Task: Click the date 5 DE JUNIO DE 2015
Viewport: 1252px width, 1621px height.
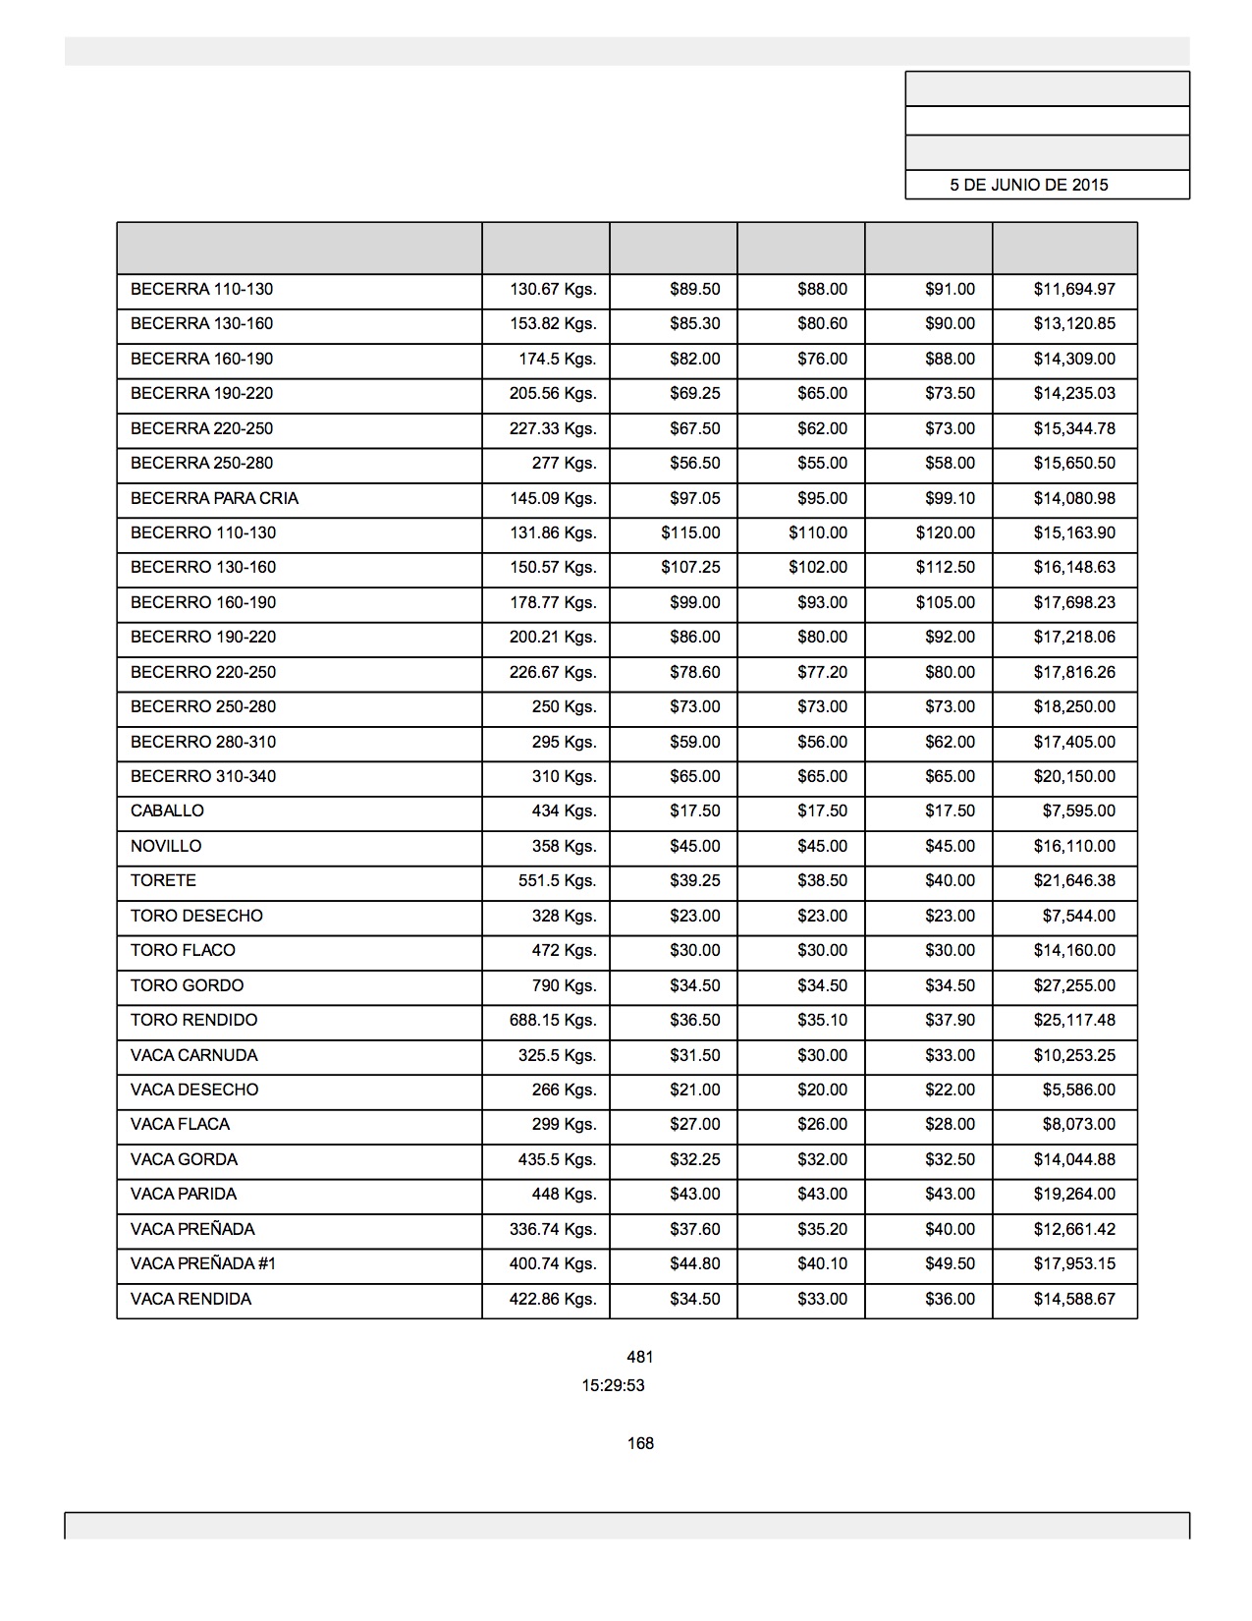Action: tap(1028, 185)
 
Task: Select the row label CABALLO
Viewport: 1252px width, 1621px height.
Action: tap(167, 810)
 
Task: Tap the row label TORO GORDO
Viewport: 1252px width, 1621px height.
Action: tap(187, 985)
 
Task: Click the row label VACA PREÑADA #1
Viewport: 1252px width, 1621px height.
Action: tap(203, 1263)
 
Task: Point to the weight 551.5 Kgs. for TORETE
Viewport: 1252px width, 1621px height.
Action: tap(557, 880)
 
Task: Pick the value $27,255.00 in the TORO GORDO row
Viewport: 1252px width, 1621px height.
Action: tap(1073, 985)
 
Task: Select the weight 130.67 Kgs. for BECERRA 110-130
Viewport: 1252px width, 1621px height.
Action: tap(553, 289)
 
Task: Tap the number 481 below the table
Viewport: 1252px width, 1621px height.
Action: tap(639, 1357)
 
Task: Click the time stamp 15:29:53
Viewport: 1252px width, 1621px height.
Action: tap(613, 1385)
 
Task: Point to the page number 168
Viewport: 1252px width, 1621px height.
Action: tap(640, 1443)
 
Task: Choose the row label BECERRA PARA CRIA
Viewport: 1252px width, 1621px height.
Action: tap(214, 498)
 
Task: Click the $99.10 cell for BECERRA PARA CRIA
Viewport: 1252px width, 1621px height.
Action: tap(950, 498)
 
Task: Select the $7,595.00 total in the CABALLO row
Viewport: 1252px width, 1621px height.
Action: tap(1078, 810)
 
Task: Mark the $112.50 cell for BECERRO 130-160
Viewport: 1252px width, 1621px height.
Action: tap(946, 567)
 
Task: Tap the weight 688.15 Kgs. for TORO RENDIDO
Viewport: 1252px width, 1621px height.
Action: tap(553, 1020)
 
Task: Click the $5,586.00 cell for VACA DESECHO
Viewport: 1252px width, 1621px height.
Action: tap(1078, 1090)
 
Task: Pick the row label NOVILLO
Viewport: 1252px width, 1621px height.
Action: tap(166, 846)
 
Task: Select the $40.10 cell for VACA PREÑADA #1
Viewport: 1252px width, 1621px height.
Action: tap(822, 1263)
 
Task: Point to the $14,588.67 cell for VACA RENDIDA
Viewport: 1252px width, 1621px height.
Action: tap(1073, 1299)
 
